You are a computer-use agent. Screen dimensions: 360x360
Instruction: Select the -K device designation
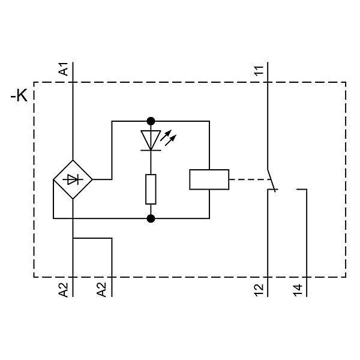coord(19,96)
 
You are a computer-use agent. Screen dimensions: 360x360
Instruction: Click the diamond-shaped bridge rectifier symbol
coord(73,179)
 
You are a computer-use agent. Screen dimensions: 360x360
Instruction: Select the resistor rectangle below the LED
coord(151,189)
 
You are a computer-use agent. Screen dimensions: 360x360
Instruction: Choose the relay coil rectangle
coord(209,179)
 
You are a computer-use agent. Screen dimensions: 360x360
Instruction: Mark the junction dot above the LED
coord(151,121)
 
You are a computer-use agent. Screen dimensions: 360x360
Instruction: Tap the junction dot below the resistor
coord(151,218)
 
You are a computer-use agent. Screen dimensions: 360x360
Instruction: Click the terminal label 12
coord(259,290)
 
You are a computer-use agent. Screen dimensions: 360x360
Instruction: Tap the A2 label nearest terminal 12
coord(103,290)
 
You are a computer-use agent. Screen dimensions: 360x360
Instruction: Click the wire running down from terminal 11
coord(266,120)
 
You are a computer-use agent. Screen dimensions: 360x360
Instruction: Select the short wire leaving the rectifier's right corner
coord(102,179)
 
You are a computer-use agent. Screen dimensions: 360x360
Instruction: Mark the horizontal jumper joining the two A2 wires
coord(92,238)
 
